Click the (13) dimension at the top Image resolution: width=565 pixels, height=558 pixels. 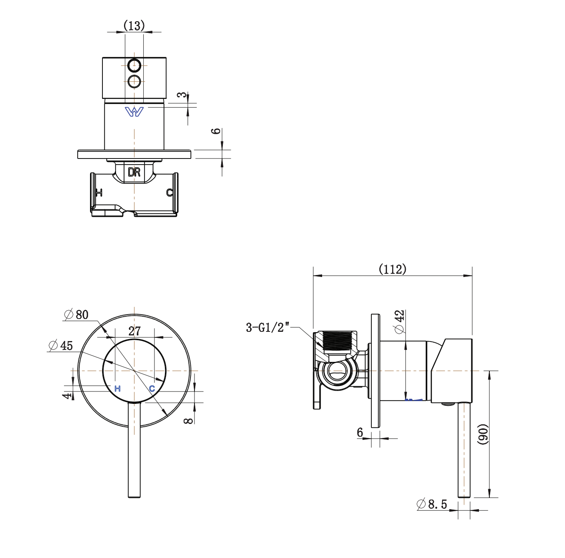pyautogui.click(x=134, y=26)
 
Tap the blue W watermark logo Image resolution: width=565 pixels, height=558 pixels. pyautogui.click(x=134, y=112)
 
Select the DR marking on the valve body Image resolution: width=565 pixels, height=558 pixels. pyautogui.click(x=134, y=172)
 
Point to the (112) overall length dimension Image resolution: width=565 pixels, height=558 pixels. pyautogui.click(x=393, y=269)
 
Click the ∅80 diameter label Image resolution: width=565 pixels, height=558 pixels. pyautogui.click(x=76, y=315)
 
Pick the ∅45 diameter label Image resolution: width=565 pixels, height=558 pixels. pyautogui.click(x=61, y=345)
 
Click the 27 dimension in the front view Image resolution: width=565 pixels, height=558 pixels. pyautogui.click(x=134, y=331)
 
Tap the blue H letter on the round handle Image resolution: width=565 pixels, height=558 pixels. pyautogui.click(x=117, y=389)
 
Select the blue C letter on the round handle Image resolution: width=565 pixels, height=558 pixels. pyautogui.click(x=152, y=389)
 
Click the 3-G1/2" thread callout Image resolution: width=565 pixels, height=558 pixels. pyautogui.click(x=268, y=327)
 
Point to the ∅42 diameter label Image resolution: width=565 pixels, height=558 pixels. pyautogui.click(x=399, y=321)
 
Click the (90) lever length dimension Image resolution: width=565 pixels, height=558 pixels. pyautogui.click(x=483, y=434)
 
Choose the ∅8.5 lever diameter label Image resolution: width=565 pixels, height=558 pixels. pyautogui.click(x=432, y=504)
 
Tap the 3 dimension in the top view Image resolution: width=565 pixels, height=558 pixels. pyautogui.click(x=183, y=95)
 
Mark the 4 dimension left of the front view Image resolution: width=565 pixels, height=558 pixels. pyautogui.click(x=67, y=396)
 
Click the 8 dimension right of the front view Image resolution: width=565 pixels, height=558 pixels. pyautogui.click(x=188, y=421)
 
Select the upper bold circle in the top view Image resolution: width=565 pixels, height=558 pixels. pyautogui.click(x=134, y=65)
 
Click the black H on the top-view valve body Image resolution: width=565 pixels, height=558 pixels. pyautogui.click(x=99, y=193)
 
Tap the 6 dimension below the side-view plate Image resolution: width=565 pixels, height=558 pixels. pyautogui.click(x=360, y=432)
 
